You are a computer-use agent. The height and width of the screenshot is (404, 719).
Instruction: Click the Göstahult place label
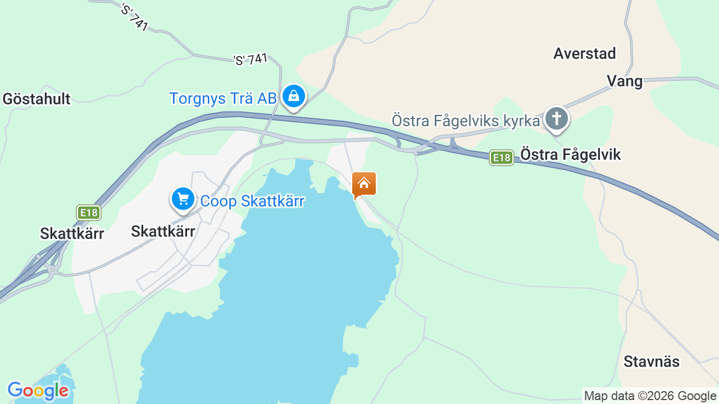[x=37, y=99]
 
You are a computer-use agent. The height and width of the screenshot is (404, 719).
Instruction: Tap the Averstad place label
[x=584, y=53]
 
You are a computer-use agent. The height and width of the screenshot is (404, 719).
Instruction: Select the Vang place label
[x=625, y=81]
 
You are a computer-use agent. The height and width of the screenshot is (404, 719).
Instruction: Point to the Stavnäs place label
[x=652, y=362]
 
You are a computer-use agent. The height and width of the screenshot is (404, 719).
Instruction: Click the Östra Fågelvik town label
[x=571, y=154]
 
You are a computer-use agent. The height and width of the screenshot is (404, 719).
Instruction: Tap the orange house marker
[x=364, y=184]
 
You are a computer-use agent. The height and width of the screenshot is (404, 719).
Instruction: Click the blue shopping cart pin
[x=183, y=199]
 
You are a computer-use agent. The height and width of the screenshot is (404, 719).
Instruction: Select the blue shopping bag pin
[x=293, y=97]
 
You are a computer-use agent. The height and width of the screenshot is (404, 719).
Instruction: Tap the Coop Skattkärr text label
[x=252, y=201]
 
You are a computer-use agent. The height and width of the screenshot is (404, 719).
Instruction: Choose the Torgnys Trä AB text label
[x=223, y=99]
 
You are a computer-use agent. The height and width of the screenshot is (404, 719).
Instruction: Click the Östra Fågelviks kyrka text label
[x=466, y=121]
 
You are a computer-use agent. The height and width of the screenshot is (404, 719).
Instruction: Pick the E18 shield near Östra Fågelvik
[x=501, y=158]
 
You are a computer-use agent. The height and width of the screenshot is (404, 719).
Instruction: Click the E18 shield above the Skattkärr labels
[x=89, y=213]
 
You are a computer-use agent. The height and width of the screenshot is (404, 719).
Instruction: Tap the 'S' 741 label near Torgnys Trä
[x=251, y=59]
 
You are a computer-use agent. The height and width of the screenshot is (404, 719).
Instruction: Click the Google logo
[x=38, y=391]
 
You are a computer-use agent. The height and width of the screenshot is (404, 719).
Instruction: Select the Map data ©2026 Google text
[x=650, y=396]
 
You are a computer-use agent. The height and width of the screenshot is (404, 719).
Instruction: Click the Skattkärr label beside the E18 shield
[x=72, y=233]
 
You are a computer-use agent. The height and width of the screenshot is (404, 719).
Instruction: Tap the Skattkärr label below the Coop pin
[x=163, y=231]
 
